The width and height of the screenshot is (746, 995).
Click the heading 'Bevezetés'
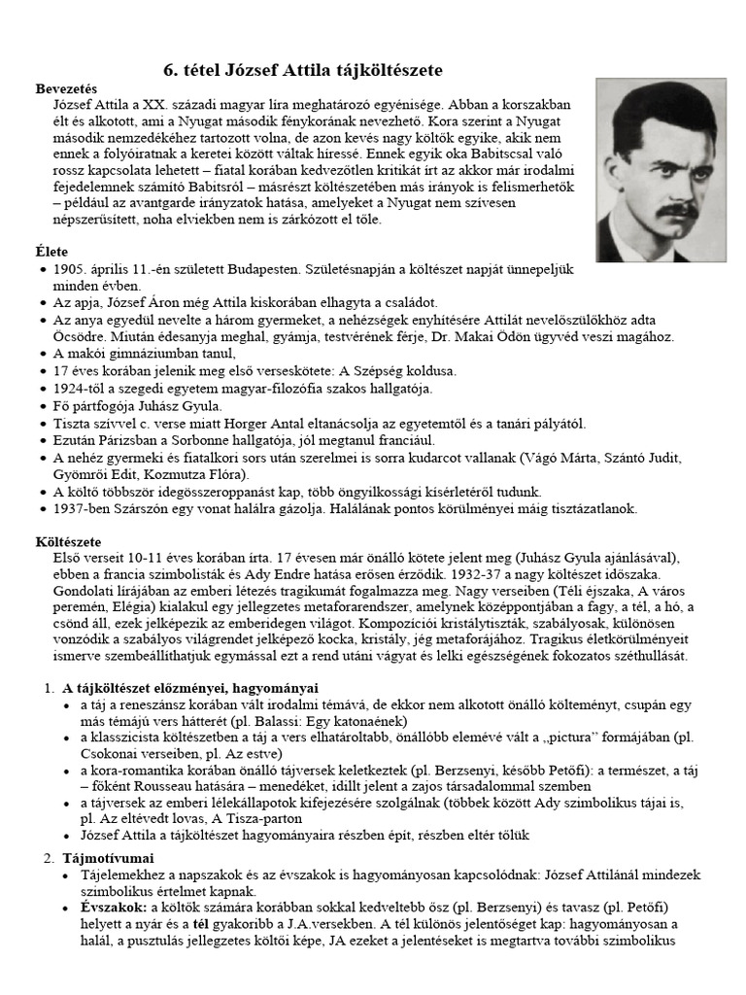pos(67,87)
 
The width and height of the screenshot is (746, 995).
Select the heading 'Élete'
pos(51,251)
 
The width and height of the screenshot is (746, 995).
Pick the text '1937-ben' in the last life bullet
pos(81,509)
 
